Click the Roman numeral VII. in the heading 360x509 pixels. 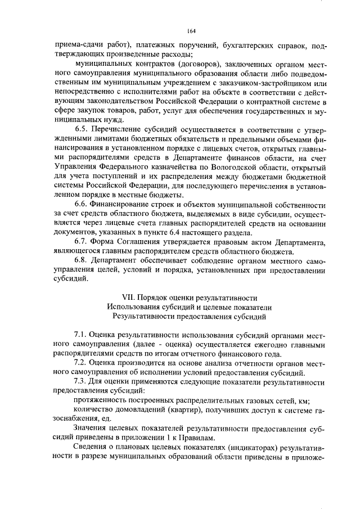pos(130,298)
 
